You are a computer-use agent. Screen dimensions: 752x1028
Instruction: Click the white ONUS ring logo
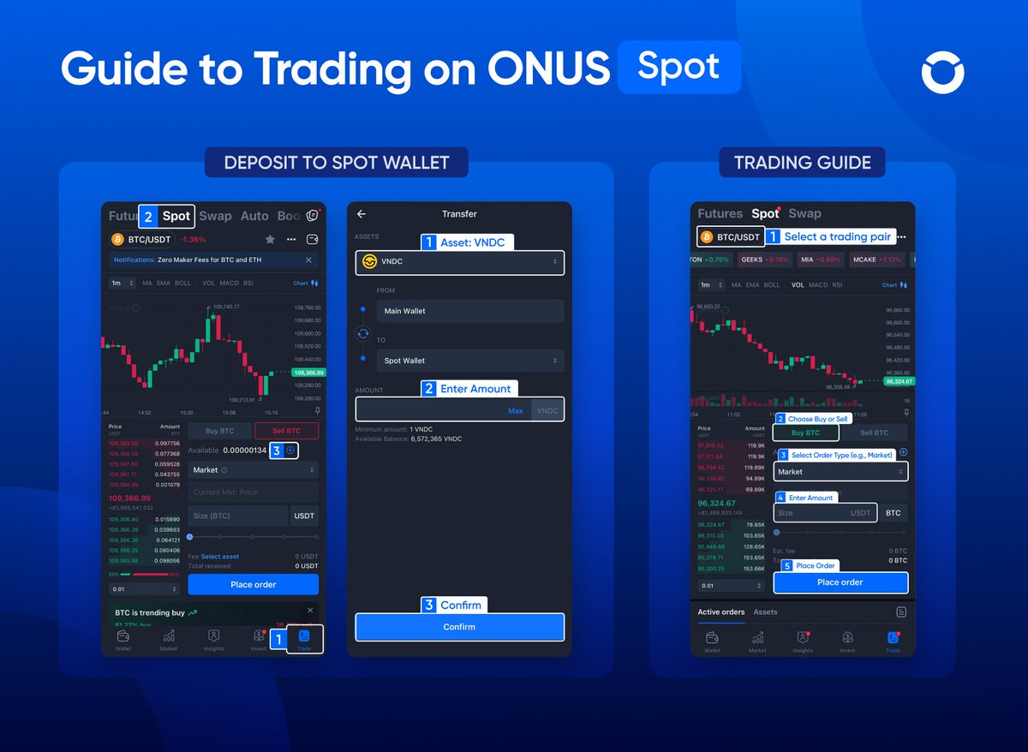click(942, 72)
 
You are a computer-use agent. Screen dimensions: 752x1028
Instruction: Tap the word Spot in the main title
click(678, 67)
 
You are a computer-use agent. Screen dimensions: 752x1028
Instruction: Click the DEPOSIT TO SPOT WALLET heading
click(336, 162)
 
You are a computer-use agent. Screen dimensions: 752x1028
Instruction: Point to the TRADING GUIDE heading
click(802, 162)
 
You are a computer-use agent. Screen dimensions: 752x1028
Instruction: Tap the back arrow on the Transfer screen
click(362, 214)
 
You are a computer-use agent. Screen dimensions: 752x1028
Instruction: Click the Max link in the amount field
click(515, 411)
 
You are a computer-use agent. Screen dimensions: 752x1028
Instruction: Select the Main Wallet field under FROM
click(469, 311)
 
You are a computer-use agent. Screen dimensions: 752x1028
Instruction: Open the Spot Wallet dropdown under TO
click(469, 361)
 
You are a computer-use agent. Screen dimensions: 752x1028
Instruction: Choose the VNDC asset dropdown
click(459, 262)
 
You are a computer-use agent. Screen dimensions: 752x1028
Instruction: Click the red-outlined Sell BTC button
click(286, 432)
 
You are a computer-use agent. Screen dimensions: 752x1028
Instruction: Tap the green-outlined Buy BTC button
click(805, 433)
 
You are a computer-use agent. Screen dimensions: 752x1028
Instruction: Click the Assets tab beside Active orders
click(765, 612)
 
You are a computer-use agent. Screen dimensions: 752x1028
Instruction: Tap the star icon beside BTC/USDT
click(271, 239)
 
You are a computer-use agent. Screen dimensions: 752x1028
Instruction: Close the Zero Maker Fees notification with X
click(309, 260)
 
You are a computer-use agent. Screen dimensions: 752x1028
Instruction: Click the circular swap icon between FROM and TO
click(363, 334)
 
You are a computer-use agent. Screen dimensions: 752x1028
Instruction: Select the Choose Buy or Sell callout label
click(817, 419)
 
